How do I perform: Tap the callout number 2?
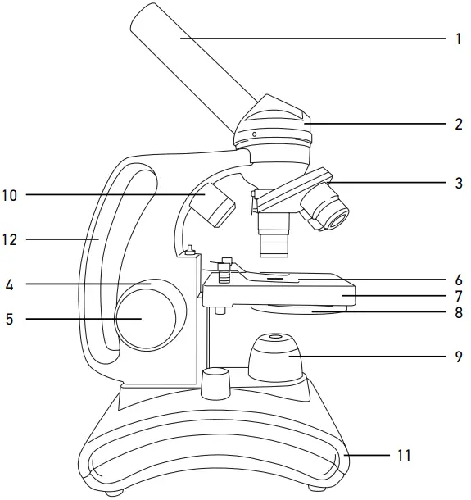tap(458, 125)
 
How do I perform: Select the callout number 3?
tap(458, 183)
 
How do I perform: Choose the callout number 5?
tap(9, 318)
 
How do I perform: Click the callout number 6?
tap(458, 279)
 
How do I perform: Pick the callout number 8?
tap(458, 312)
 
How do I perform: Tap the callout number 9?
tap(458, 357)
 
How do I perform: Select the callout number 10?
tap(11, 195)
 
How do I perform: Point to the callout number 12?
tap(11, 240)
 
